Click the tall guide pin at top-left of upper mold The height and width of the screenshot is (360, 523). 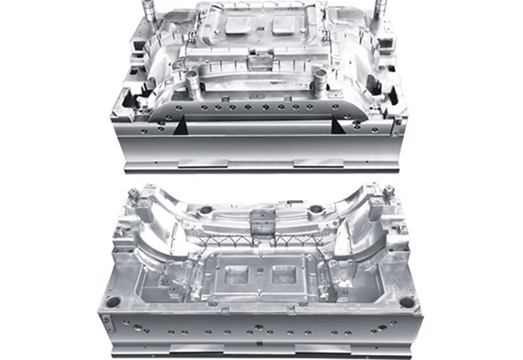pos(149,12)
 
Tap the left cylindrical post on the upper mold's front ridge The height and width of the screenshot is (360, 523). pos(192,83)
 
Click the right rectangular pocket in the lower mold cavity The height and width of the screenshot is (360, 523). pos(283,276)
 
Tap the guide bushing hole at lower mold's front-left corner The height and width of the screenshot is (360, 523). pos(113,302)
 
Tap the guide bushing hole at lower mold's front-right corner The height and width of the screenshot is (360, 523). pos(406,302)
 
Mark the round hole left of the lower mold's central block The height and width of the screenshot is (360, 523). pos(206,210)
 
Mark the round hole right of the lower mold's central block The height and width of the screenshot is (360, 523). pos(316,210)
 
